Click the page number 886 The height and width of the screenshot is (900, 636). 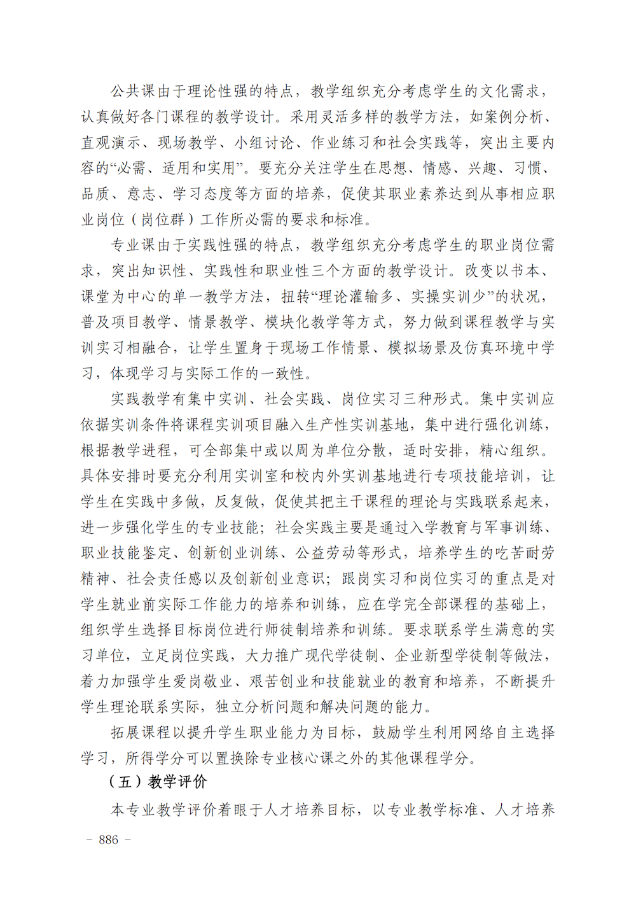tap(109, 840)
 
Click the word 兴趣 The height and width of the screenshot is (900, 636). tap(483, 168)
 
